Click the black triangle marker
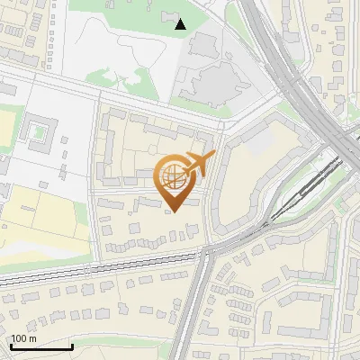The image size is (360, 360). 181,24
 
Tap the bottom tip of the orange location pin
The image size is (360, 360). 174,211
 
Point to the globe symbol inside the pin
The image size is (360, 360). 174,178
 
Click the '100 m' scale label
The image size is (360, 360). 23,338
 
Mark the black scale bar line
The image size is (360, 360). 41,346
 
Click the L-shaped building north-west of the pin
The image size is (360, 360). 108,144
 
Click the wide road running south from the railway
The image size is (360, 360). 200,306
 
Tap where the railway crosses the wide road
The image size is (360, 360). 205,256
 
